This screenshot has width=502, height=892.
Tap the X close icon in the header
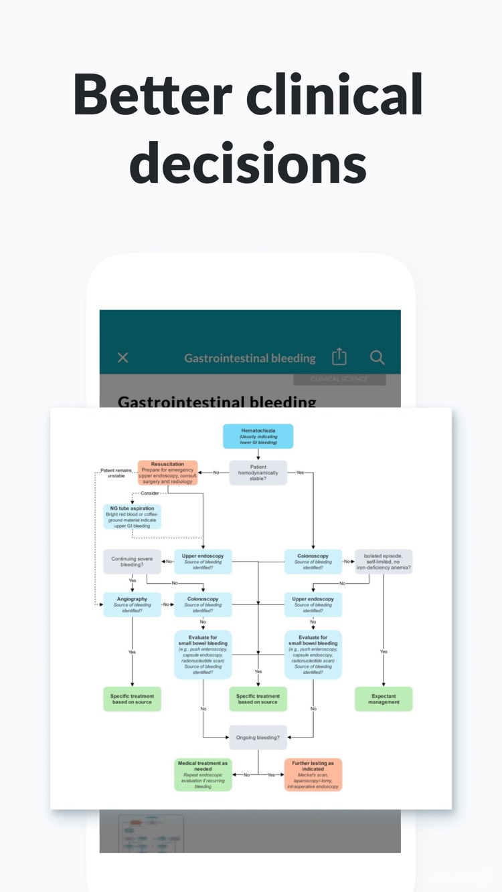[x=123, y=358]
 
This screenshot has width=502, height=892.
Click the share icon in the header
[x=339, y=357]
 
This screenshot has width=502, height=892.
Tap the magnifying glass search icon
[x=378, y=358]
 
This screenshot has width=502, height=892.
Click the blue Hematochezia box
[x=258, y=436]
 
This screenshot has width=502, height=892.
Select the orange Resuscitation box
[x=168, y=473]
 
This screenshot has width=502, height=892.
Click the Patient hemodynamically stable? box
[x=258, y=473]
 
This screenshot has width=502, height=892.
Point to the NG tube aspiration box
[x=132, y=516]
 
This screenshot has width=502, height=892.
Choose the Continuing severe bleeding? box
[x=132, y=562]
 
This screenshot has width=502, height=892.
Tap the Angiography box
[x=132, y=604]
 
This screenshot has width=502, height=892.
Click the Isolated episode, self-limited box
[x=384, y=562]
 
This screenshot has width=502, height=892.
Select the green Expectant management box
[x=384, y=699]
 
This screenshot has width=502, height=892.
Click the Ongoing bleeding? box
[x=258, y=738]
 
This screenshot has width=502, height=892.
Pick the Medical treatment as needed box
[x=203, y=775]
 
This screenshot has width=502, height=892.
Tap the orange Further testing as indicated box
[x=313, y=775]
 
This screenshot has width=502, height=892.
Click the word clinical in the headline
[x=334, y=95]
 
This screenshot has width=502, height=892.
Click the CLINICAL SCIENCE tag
[x=339, y=379]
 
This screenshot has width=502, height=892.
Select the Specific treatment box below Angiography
[x=132, y=699]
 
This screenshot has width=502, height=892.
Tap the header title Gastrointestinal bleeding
[x=250, y=358]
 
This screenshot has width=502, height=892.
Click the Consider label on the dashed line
[x=150, y=493]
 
